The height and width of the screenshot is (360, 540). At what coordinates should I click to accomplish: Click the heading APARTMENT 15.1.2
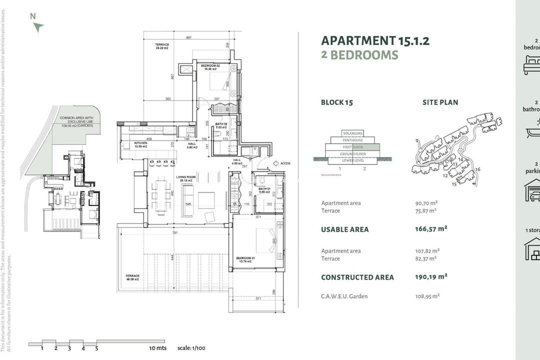pyautogui.click(x=375, y=40)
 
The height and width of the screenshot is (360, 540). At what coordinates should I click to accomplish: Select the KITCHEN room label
pyautogui.click(x=127, y=143)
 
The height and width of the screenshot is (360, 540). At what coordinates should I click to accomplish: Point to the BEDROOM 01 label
pyautogui.click(x=245, y=258)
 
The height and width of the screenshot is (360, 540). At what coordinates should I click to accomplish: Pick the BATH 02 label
pyautogui.click(x=221, y=123)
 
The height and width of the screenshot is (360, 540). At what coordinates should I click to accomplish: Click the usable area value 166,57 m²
pyautogui.click(x=431, y=229)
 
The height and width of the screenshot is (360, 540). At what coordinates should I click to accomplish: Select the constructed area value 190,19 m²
pyautogui.click(x=431, y=276)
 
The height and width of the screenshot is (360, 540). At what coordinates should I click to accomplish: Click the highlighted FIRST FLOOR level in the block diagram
pyautogui.click(x=352, y=147)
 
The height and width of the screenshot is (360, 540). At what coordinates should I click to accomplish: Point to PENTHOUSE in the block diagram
pyautogui.click(x=352, y=140)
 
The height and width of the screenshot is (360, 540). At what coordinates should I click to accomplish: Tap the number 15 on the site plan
pyautogui.click(x=454, y=184)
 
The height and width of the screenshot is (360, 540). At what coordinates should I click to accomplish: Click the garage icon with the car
pyautogui.click(x=532, y=190)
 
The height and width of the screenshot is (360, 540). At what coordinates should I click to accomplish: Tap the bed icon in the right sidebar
pyautogui.click(x=532, y=65)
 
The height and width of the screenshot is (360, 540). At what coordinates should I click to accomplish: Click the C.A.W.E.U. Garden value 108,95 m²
pyautogui.click(x=426, y=296)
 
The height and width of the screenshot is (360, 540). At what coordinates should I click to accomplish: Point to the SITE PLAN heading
pyautogui.click(x=440, y=102)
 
